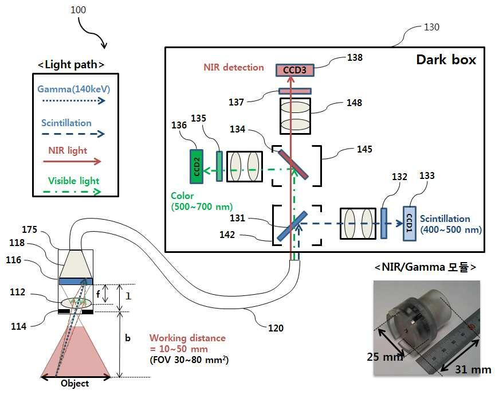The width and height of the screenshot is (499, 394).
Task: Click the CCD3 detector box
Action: click(x=294, y=70)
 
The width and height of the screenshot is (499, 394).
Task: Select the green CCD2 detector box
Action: click(x=197, y=166)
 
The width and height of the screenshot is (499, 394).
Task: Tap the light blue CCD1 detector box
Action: click(x=410, y=224)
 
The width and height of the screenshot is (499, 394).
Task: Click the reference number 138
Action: click(x=355, y=58)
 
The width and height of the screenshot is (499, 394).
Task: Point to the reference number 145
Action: click(x=364, y=149)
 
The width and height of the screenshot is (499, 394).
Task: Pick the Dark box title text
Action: click(x=446, y=60)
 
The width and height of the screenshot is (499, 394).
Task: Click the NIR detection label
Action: click(x=234, y=67)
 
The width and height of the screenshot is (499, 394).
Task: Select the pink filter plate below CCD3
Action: click(x=295, y=91)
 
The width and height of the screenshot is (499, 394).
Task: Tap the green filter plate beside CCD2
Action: click(x=219, y=166)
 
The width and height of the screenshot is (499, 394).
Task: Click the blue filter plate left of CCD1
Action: click(x=384, y=223)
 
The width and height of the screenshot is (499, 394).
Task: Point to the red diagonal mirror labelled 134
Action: click(x=293, y=165)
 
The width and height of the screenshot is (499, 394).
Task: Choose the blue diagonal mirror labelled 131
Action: click(x=292, y=226)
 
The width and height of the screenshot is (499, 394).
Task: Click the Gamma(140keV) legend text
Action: click(x=74, y=89)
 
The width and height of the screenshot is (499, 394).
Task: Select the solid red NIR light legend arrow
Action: click(x=72, y=162)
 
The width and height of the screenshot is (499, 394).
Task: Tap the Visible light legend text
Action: click(x=73, y=181)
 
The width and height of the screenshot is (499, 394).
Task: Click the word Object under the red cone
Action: click(x=75, y=383)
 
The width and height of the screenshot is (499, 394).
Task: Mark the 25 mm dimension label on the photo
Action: click(x=384, y=357)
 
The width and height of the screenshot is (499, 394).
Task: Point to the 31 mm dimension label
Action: click(x=473, y=369)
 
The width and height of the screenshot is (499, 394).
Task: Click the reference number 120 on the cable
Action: click(x=276, y=328)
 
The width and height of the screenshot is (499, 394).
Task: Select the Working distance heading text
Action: click(x=187, y=338)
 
